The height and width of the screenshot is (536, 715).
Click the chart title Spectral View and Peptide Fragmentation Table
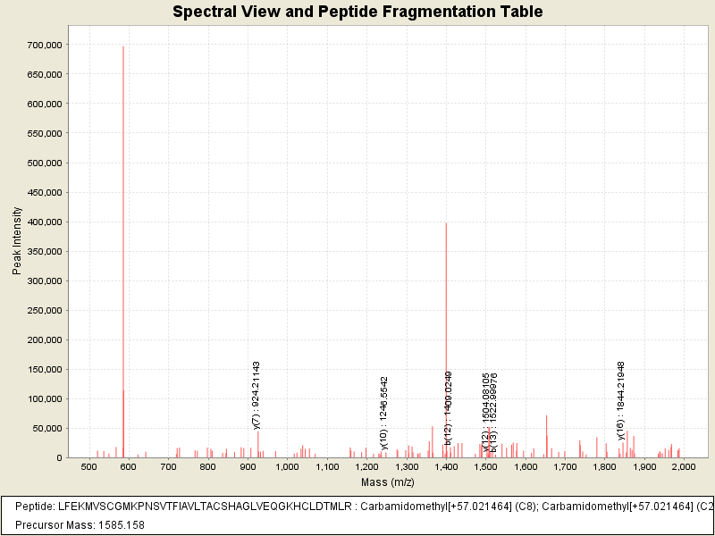(357, 12)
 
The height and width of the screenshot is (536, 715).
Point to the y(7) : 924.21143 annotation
(257, 395)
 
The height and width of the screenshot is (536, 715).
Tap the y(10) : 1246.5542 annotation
(384, 412)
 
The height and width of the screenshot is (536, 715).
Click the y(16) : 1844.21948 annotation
(621, 400)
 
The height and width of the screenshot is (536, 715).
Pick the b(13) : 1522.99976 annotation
(494, 406)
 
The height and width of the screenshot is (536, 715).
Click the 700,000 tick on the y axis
(44, 45)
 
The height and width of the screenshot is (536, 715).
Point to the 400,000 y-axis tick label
(44, 222)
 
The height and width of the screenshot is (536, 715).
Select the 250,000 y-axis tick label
(44, 310)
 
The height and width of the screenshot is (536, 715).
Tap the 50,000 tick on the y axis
(46, 428)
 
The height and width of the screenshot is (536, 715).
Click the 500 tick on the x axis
(88, 467)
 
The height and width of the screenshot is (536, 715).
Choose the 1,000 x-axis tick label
(287, 467)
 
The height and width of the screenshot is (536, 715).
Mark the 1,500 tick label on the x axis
(485, 467)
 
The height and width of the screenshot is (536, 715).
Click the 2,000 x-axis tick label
(684, 467)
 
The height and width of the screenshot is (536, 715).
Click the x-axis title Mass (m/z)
(386, 482)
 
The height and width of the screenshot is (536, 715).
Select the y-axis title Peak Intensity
(16, 240)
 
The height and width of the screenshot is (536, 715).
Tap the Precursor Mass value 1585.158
(119, 524)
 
